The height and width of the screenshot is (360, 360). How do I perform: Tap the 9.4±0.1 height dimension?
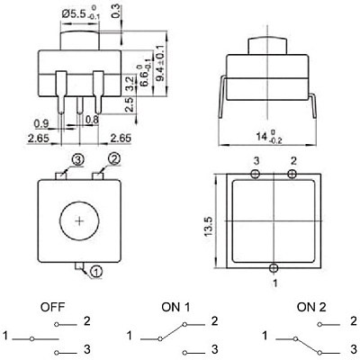click(161, 63)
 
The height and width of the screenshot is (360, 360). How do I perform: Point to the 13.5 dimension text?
click(209, 226)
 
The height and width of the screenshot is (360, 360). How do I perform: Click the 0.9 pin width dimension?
click(41, 123)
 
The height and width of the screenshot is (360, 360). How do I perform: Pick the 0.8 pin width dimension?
click(92, 120)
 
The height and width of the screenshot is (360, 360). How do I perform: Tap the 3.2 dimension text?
click(130, 84)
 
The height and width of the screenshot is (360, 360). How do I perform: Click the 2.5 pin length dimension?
click(130, 104)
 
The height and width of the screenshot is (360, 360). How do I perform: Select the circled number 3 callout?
click(77, 160)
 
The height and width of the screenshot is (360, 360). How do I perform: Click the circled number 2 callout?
click(114, 159)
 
